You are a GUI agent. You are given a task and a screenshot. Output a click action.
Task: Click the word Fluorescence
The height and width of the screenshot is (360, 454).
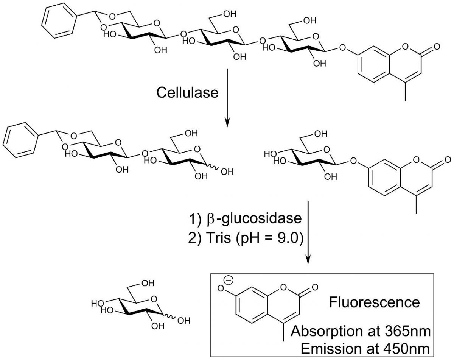pyautogui.click(x=374, y=303)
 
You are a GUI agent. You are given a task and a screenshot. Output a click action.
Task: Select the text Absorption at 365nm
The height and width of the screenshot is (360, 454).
pyautogui.click(x=361, y=332)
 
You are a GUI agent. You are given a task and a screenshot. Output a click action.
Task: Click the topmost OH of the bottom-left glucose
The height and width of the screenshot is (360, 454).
pyautogui.click(x=148, y=283)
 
